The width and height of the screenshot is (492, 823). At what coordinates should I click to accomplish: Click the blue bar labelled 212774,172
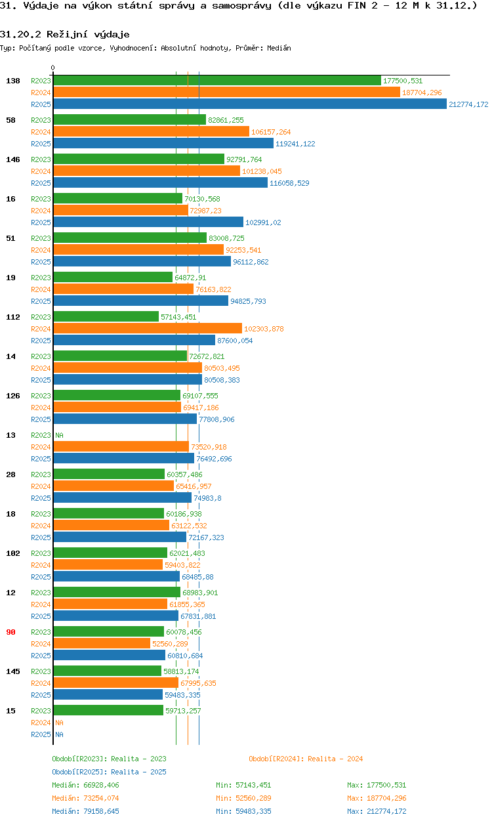click(x=249, y=104)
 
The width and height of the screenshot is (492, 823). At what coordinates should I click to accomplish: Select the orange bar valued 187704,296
click(x=226, y=93)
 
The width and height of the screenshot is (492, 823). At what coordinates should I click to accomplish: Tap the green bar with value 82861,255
click(x=129, y=120)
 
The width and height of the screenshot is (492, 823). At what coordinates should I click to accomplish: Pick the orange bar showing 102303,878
click(x=148, y=329)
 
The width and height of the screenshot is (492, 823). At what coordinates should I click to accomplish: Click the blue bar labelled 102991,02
click(x=148, y=222)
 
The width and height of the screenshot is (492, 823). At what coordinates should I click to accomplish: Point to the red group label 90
click(x=10, y=632)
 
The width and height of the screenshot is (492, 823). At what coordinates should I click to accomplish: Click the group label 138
click(x=13, y=81)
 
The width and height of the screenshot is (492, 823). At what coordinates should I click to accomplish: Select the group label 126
click(x=13, y=396)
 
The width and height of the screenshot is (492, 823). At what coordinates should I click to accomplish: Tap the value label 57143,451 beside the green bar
click(x=178, y=317)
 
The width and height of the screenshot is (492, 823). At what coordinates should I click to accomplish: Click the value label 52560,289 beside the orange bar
click(x=170, y=644)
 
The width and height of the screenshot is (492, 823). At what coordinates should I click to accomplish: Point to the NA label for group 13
click(x=59, y=435)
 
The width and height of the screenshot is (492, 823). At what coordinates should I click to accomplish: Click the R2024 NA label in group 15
click(x=59, y=723)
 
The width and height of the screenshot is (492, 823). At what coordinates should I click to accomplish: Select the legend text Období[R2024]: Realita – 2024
click(x=306, y=759)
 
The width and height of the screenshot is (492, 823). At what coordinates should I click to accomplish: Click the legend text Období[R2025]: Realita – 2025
click(x=109, y=772)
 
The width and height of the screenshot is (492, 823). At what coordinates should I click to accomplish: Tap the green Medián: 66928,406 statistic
click(x=85, y=785)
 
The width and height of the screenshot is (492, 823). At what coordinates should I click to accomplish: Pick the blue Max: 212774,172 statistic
click(x=377, y=811)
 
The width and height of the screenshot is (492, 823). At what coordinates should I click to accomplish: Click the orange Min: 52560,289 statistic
click(x=243, y=798)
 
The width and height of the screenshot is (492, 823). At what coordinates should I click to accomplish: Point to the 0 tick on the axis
click(x=53, y=68)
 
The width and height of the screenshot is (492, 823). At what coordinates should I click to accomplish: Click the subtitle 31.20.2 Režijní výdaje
click(x=65, y=34)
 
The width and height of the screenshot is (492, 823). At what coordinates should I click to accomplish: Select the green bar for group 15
click(x=108, y=711)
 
